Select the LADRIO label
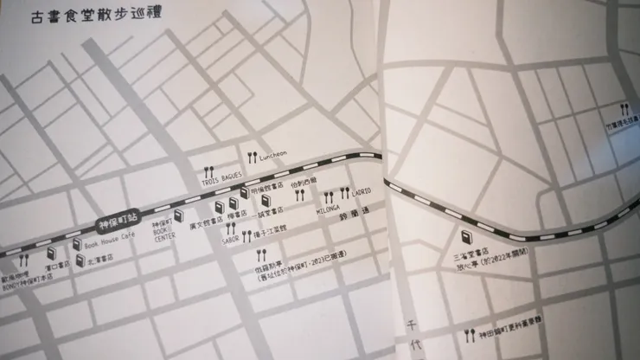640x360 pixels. point(361,191)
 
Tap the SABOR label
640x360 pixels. point(230,240)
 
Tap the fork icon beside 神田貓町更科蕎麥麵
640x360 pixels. point(468,334)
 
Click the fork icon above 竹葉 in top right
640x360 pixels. point(624,109)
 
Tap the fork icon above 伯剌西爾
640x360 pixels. point(299,196)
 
